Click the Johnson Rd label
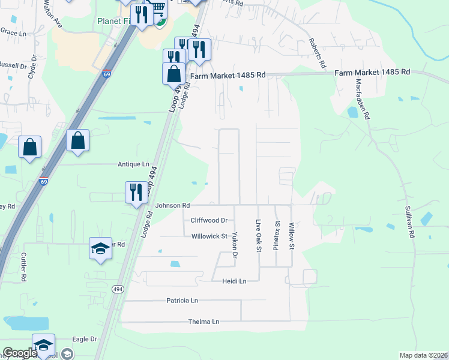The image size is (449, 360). coord(172,205)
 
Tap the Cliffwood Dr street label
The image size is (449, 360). coord(209,220)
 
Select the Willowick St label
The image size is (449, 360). coord(209,236)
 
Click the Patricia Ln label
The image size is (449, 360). coord(182,300)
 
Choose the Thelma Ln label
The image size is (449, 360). coord(203,322)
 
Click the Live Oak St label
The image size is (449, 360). coord(259,235)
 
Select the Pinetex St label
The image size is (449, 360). coord(277,235)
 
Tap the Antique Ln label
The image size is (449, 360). coord(133,164)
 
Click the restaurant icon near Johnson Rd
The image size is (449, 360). coord(136,192)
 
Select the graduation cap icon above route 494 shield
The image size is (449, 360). coord(100,248)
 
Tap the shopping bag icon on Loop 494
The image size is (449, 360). coord(173,73)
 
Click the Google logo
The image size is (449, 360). coord(19,353)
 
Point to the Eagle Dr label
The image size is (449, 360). coord(84,339)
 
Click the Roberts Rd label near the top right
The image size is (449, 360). coord(318,53)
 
